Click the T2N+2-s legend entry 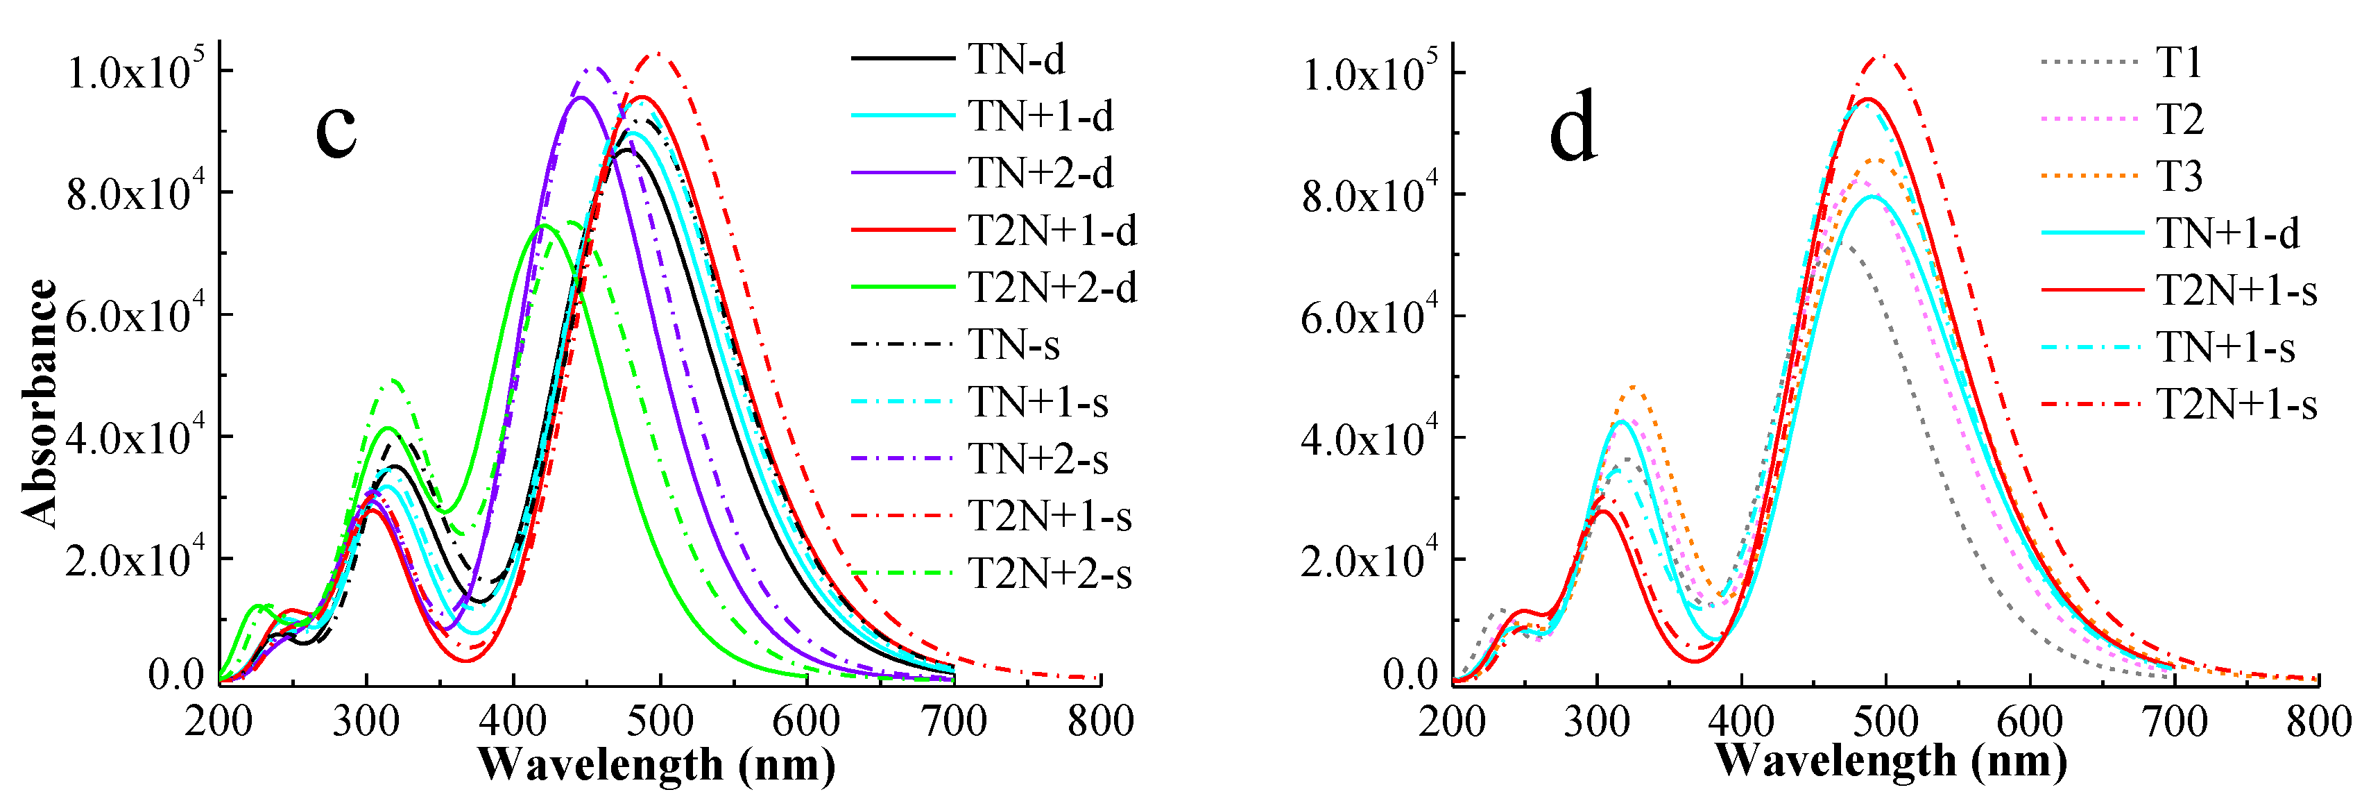click(1050, 574)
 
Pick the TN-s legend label click(1013, 345)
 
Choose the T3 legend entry click(2179, 176)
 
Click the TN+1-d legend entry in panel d click(2227, 233)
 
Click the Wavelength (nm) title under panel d click(1890, 761)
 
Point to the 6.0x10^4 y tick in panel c click(135, 316)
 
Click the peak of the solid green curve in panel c click(543, 226)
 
